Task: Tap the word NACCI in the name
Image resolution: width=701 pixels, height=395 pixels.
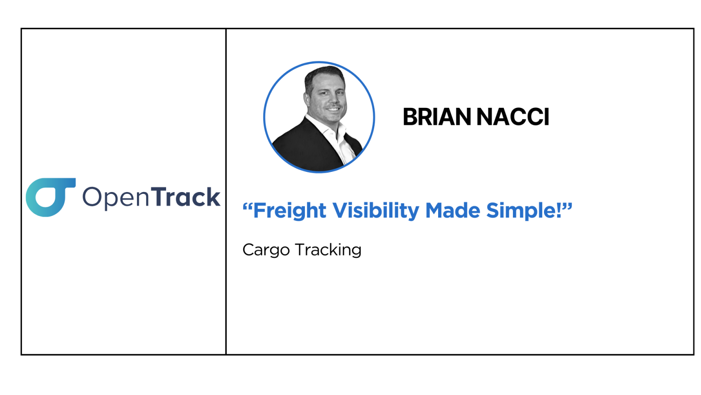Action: pos(513,117)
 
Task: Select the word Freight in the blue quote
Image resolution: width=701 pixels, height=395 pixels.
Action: pos(290,211)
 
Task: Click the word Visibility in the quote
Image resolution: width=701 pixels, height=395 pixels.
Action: pos(376,211)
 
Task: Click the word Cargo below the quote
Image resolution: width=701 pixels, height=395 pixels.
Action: pos(266,251)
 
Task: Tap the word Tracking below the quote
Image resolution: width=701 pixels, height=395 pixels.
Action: pos(328,251)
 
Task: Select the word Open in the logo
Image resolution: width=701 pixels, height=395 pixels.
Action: pos(115,198)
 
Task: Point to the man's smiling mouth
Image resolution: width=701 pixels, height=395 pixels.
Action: pos(333,109)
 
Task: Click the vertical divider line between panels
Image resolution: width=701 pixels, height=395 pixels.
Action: pos(226,192)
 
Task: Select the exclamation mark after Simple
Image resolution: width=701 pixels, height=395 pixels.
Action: pos(559,210)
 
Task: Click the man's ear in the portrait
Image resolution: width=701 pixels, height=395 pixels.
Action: pos(307,99)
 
